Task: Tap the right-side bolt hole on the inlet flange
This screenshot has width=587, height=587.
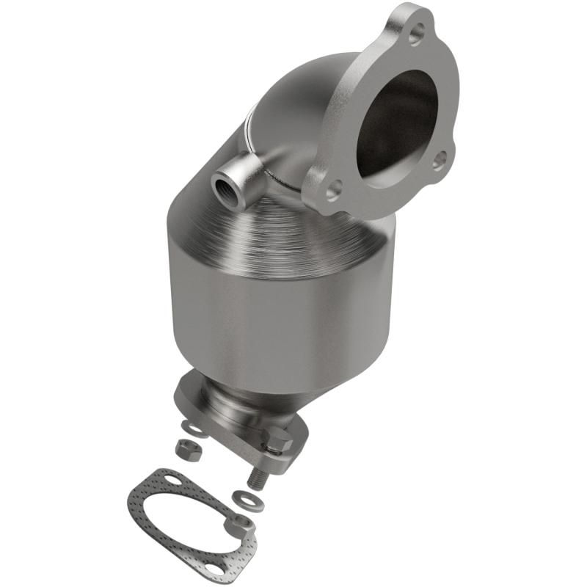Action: (440, 159)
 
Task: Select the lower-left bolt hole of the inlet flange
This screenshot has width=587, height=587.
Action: (332, 191)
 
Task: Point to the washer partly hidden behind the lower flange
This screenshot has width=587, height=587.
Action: (192, 427)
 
